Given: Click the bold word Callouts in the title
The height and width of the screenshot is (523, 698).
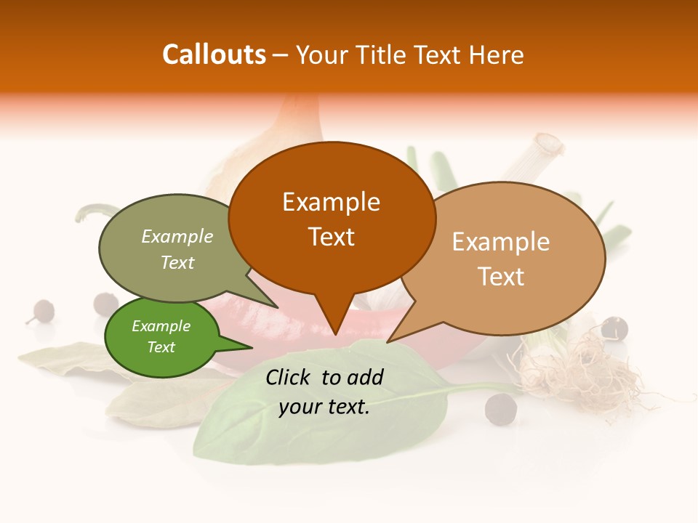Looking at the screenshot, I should (x=214, y=54).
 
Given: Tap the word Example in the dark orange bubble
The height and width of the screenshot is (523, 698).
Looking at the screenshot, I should (x=331, y=202).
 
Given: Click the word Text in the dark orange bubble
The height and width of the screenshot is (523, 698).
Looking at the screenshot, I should (x=331, y=237).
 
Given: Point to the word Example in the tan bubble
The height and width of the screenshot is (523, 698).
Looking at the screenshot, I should (x=501, y=242).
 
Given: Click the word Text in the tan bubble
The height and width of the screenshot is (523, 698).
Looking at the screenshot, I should (x=501, y=277).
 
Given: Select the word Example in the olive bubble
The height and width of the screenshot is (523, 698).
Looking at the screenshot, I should (x=177, y=237).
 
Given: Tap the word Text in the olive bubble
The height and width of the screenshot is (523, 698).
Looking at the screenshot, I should (x=177, y=263).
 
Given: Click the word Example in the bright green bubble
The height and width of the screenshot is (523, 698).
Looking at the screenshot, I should (x=161, y=326).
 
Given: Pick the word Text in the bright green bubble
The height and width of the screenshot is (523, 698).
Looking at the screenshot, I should (x=161, y=347).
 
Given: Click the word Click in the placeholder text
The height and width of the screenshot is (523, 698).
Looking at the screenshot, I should (x=289, y=377).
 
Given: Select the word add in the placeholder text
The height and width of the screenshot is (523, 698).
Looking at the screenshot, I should (x=366, y=377).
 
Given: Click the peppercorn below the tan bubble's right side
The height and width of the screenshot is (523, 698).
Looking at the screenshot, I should (x=614, y=328).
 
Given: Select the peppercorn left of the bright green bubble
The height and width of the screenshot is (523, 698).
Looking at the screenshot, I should (x=42, y=311).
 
